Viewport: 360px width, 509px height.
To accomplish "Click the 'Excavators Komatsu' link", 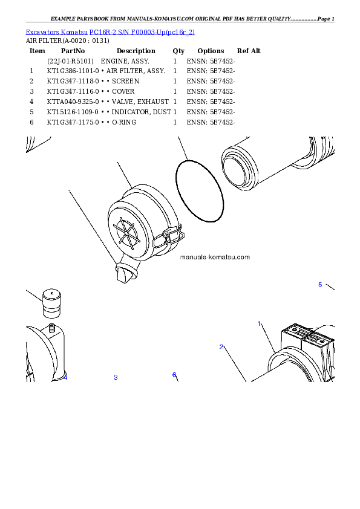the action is point(56,32).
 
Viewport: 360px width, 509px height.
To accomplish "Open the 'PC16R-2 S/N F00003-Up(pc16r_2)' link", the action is point(142,32).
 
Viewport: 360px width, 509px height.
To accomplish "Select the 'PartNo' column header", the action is point(73,51).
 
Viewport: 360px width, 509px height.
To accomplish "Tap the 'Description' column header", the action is point(136,51).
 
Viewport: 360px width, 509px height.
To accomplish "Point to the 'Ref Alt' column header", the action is point(249,51).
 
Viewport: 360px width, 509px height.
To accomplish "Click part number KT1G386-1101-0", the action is point(73,71).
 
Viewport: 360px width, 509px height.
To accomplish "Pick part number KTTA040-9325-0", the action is point(73,102).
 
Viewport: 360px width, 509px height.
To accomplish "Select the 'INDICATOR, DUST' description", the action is point(142,112).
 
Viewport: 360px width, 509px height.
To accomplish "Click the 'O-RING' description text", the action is point(124,122).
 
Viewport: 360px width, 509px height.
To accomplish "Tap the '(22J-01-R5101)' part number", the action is point(71,61).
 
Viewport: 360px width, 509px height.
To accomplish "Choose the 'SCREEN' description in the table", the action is point(125,81).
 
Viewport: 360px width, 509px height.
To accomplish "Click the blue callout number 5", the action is point(320,285).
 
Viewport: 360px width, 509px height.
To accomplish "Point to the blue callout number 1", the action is point(260,323).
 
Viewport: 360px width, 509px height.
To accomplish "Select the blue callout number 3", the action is point(116,378).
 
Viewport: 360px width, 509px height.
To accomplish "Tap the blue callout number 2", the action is point(221,347).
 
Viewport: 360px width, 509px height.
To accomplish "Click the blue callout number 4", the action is point(65,378).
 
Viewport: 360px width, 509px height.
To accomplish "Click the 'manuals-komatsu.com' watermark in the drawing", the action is point(215,257).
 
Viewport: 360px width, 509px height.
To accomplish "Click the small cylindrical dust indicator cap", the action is point(51,303).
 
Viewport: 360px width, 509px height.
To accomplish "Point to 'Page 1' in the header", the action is point(326,19).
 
